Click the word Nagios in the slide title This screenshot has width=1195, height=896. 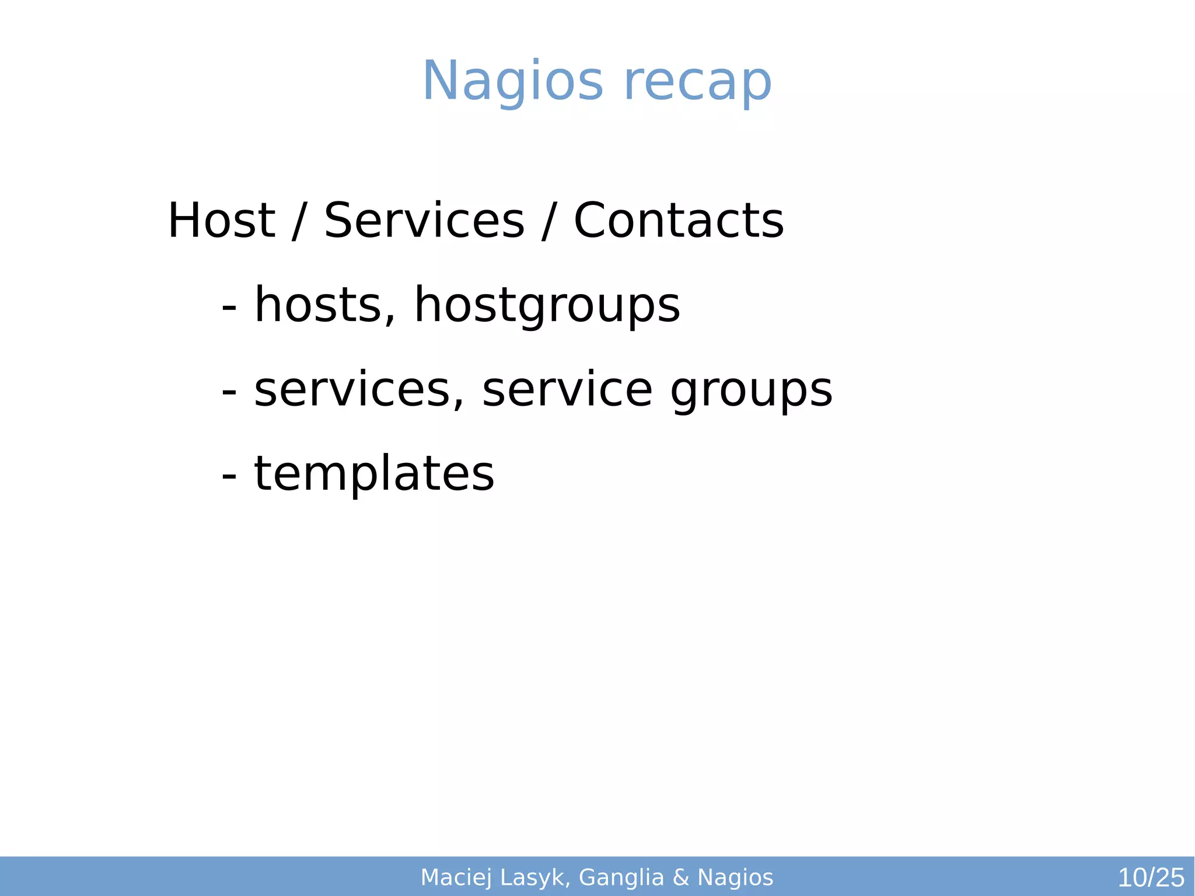click(x=512, y=82)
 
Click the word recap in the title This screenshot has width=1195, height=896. click(x=698, y=82)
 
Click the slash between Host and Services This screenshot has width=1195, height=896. click(x=299, y=221)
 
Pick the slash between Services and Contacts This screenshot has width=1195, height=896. click(x=547, y=221)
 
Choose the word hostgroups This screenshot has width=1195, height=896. click(x=547, y=306)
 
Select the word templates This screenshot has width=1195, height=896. click(x=374, y=473)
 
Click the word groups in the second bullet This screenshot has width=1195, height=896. click(x=751, y=391)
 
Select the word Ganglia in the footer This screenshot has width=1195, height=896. click(x=621, y=878)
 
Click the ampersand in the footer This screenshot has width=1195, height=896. click(x=681, y=878)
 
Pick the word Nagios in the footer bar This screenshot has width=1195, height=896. click(x=735, y=878)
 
